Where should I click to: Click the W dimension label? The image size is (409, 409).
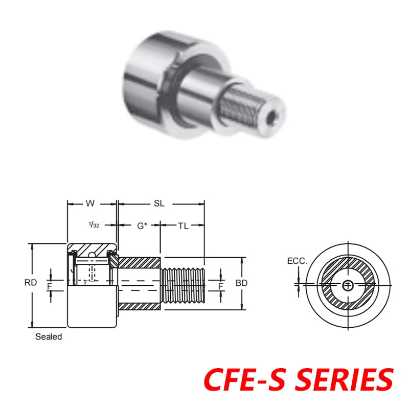(x=90, y=203)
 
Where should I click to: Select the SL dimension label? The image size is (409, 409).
(x=159, y=203)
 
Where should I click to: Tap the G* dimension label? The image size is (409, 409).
(x=142, y=225)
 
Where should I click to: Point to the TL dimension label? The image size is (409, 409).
(x=183, y=225)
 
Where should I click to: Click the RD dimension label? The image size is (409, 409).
(x=31, y=282)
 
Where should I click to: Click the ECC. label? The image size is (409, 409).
(x=297, y=261)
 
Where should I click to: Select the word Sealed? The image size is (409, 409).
(x=49, y=337)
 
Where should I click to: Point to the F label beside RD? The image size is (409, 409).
(x=50, y=287)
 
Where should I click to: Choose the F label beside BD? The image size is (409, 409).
(x=220, y=286)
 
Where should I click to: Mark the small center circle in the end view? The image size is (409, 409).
(x=348, y=285)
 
